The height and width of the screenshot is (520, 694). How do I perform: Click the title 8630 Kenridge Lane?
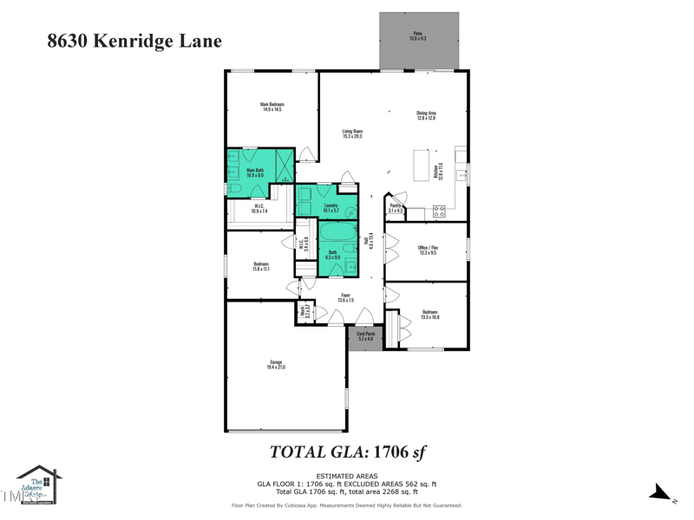(134, 41)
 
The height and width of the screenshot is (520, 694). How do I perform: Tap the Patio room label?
(418, 36)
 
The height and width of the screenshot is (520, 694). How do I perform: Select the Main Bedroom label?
(272, 107)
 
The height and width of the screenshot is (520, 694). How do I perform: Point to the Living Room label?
(351, 133)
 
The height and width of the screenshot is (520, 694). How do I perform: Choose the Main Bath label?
(255, 172)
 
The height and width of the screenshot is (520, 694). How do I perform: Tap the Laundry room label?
(331, 208)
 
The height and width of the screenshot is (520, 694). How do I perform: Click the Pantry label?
(396, 208)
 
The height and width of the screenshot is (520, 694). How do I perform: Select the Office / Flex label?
(429, 250)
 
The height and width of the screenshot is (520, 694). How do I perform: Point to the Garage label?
(276, 365)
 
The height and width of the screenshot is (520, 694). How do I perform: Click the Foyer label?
(345, 298)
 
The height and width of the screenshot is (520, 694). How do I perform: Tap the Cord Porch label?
(365, 336)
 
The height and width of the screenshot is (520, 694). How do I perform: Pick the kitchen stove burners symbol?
(439, 210)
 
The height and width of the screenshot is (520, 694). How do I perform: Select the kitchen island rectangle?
(421, 165)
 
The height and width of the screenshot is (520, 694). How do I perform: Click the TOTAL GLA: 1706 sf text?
(347, 452)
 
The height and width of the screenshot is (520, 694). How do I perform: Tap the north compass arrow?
(661, 492)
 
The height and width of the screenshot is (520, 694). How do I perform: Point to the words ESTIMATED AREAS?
(346, 476)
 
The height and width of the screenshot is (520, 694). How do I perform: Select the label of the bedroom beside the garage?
(261, 266)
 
